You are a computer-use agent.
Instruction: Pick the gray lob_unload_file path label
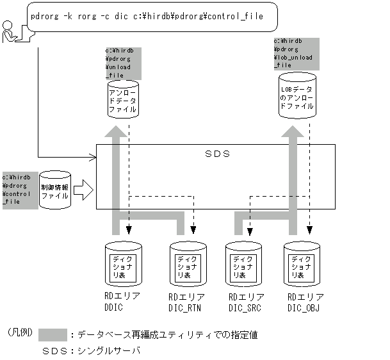pyautogui.click(x=293, y=53)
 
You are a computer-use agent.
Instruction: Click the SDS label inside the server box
pyautogui.click(x=217, y=154)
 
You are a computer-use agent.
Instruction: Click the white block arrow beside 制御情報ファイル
pyautogui.click(x=83, y=189)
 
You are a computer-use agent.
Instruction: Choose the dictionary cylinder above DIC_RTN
pyautogui.click(x=186, y=264)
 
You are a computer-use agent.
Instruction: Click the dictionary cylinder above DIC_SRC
pyautogui.click(x=245, y=264)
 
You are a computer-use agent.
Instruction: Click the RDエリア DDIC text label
pyautogui.click(x=122, y=301)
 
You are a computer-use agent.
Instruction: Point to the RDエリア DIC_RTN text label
pyautogui.click(x=186, y=302)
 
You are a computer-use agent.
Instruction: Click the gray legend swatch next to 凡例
pyautogui.click(x=53, y=335)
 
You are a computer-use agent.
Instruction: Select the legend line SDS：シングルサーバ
pyautogui.click(x=91, y=352)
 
